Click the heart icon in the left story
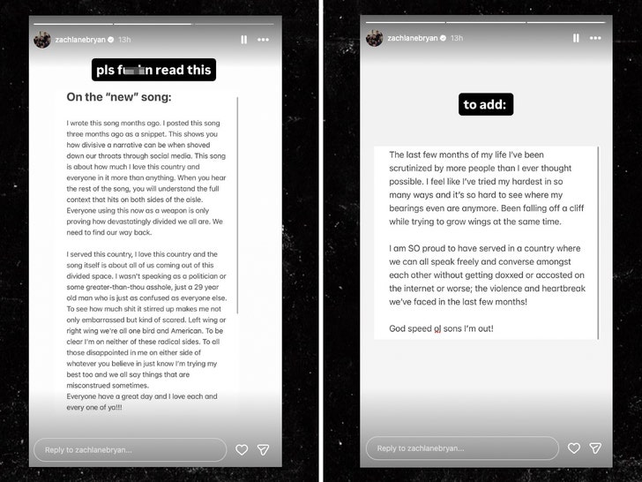pos(242,449)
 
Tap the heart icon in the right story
pos(574,448)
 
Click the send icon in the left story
pos(263,449)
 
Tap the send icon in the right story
pos(595,448)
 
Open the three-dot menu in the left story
pos(263,40)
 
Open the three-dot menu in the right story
pos(595,39)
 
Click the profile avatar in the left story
pos(42,40)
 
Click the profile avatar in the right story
pos(375,39)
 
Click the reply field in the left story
pos(130,449)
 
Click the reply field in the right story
pos(462,448)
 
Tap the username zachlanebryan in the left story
pos(81,40)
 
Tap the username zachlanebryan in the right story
pos(414,39)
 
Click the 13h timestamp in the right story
pos(456,39)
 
